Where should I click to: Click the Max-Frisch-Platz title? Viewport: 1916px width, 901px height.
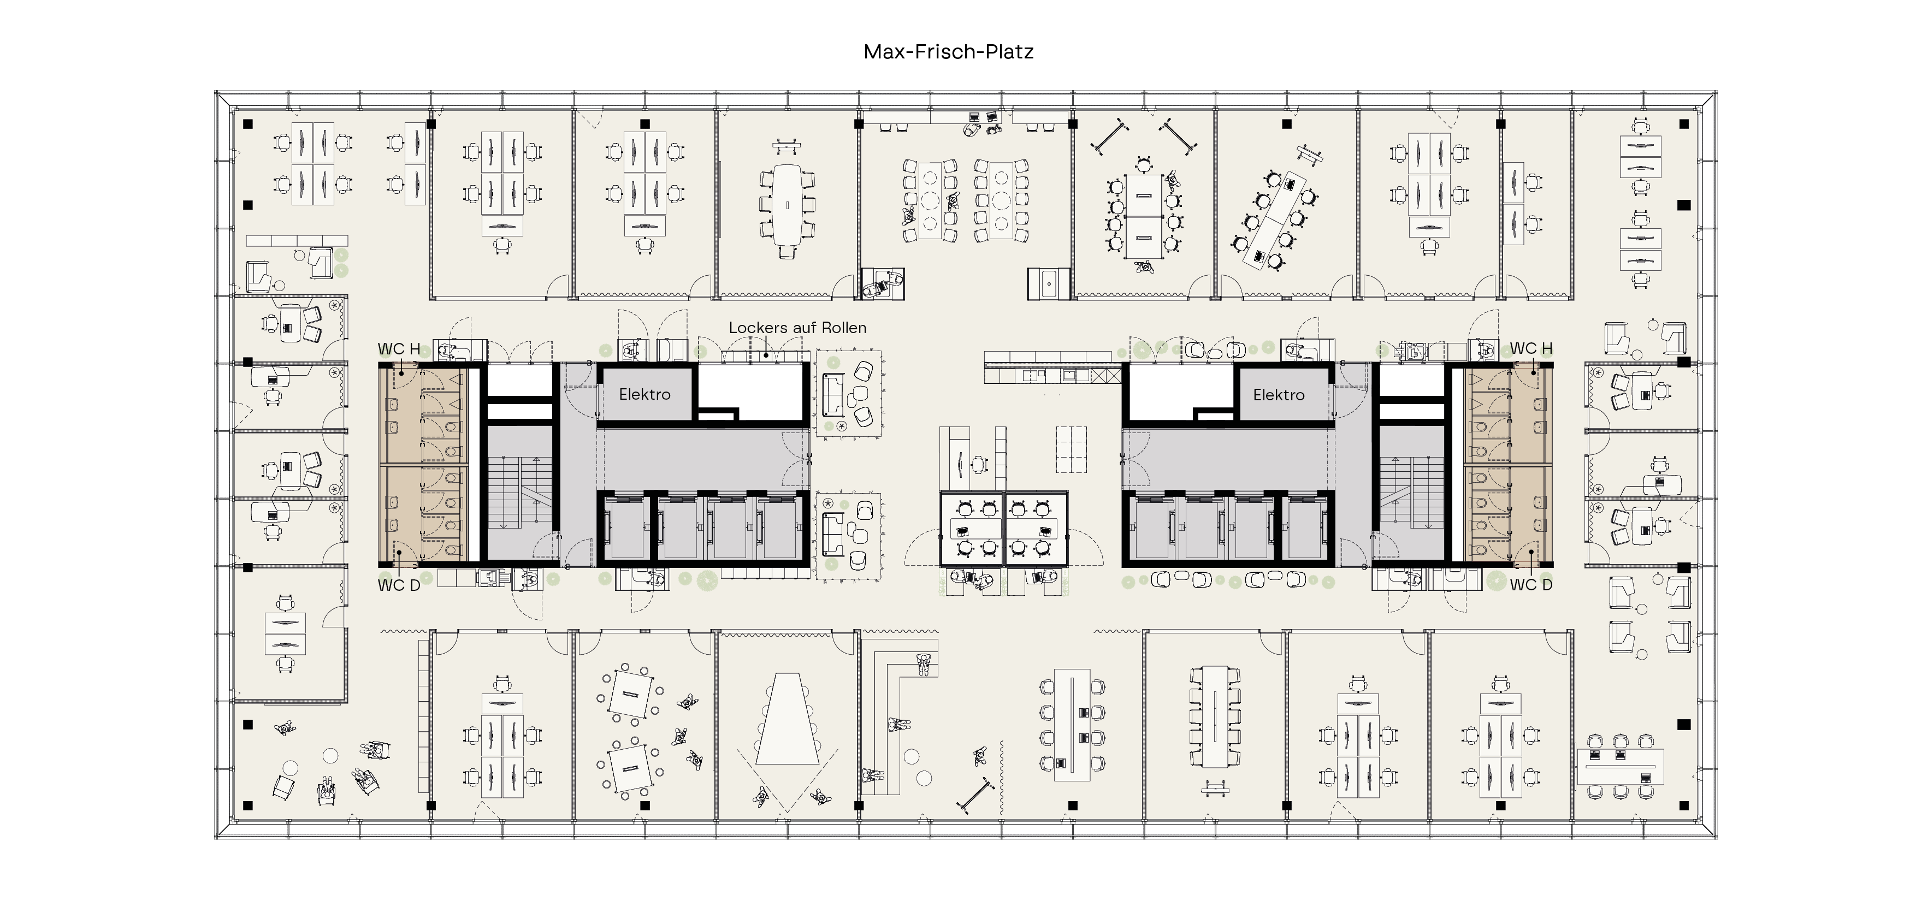(948, 51)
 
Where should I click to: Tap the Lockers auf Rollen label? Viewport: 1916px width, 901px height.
(797, 328)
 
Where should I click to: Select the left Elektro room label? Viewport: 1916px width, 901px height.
(645, 395)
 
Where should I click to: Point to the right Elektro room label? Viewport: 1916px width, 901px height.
(1279, 395)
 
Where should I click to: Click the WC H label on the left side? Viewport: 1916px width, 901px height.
(399, 348)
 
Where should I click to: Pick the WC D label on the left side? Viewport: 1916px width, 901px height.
(399, 585)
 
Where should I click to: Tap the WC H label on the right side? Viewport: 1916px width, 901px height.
(1531, 348)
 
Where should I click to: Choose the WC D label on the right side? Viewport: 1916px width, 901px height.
(1531, 585)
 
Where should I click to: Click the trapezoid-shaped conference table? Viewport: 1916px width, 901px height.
(788, 719)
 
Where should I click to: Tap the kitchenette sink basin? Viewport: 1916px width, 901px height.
(1049, 283)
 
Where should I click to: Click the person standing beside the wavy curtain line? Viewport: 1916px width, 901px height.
(981, 757)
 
